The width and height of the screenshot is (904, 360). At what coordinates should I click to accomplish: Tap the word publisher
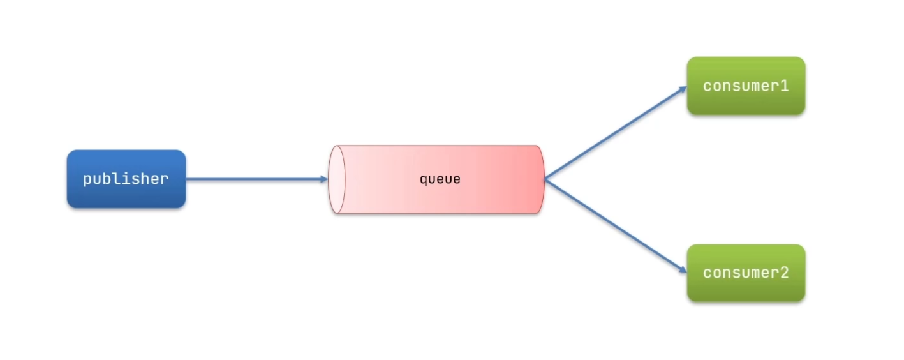pos(126,179)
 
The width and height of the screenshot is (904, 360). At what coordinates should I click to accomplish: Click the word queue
pos(440,179)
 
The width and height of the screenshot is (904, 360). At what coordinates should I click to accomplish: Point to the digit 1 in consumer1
pos(784,86)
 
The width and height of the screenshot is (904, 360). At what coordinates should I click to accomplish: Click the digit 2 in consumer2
pos(784,273)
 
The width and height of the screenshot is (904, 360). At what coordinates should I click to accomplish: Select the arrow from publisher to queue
pos(255,179)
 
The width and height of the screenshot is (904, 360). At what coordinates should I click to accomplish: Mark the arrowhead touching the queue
pos(323,179)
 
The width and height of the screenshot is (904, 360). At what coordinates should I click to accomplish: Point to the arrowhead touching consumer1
pos(681,89)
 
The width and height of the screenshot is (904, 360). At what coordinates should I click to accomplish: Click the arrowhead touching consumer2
pos(681,270)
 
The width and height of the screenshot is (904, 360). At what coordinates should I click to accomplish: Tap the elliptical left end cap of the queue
pos(336,179)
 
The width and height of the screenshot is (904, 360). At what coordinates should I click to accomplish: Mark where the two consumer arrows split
pos(545,179)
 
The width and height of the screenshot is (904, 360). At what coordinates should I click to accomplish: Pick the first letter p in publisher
pos(87,179)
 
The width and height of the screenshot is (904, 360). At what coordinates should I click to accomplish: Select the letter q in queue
pos(424,180)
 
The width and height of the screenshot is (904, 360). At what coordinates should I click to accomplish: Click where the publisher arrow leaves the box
pos(187,179)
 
